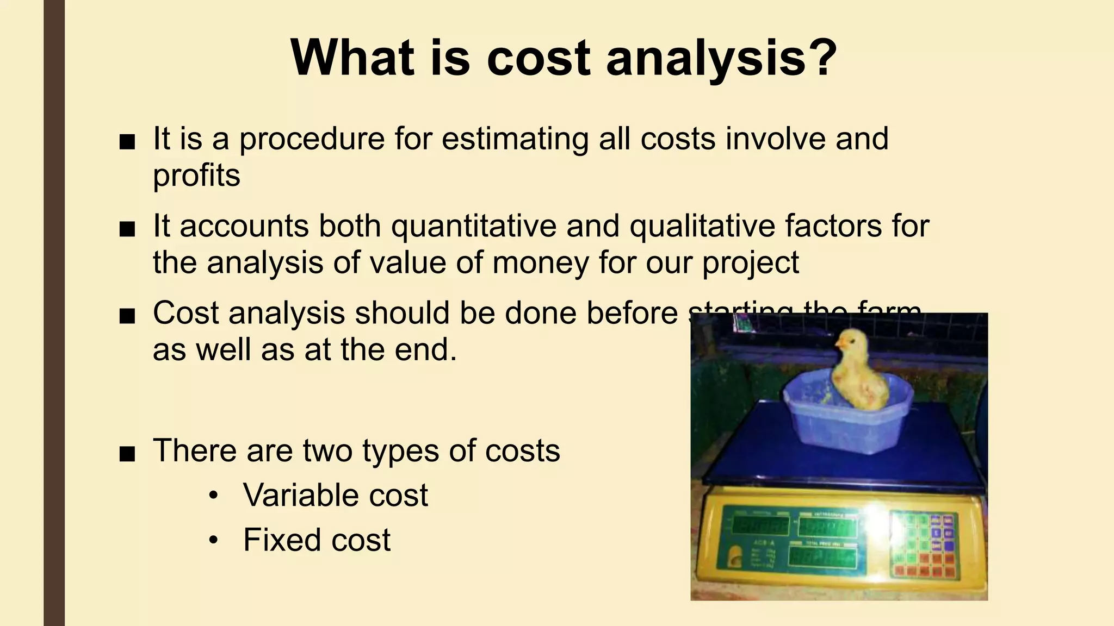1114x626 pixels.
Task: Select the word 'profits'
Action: point(196,176)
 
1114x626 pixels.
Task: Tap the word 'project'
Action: point(751,264)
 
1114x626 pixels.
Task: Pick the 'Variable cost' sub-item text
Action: point(336,495)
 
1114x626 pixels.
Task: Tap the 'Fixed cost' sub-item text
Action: point(317,540)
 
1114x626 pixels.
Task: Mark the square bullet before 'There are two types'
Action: point(127,453)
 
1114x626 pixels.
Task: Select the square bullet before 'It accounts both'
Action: point(127,228)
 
